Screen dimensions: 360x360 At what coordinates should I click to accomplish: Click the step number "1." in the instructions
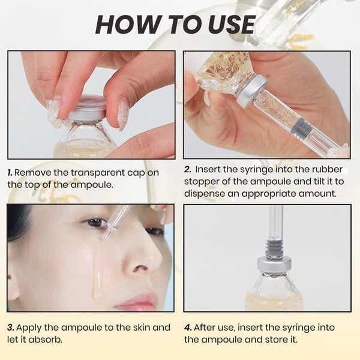pyautogui.click(x=11, y=172)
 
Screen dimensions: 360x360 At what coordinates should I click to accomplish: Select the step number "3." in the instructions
pyautogui.click(x=11, y=328)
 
